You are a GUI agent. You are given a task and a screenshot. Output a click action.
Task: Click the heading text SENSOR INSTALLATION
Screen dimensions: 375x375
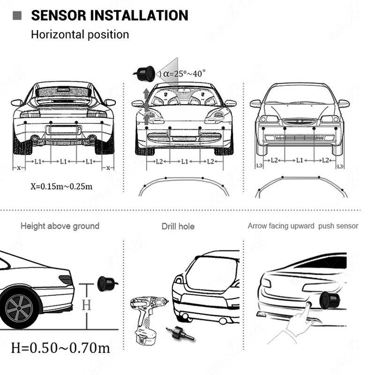(x=109, y=15)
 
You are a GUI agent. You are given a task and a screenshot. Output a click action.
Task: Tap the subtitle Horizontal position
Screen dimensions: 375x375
(x=80, y=34)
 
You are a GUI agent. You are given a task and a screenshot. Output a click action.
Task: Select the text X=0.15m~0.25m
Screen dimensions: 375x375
(x=61, y=186)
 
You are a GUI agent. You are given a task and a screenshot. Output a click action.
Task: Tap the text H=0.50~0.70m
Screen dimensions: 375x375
(x=61, y=347)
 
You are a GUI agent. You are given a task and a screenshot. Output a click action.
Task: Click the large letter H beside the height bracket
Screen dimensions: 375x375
(x=86, y=305)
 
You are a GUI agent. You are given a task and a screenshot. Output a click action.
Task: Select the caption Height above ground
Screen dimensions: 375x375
(x=60, y=226)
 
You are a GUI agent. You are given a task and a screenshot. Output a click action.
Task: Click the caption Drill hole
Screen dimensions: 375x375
(x=178, y=226)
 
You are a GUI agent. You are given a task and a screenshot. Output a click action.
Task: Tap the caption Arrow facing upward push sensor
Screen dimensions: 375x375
(x=303, y=226)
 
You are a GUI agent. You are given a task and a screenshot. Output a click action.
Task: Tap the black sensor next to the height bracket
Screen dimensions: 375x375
(x=105, y=284)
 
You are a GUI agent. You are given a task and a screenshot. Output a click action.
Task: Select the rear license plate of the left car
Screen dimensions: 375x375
(x=63, y=130)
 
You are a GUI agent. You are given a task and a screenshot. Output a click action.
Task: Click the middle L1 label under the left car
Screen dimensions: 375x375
(x=63, y=161)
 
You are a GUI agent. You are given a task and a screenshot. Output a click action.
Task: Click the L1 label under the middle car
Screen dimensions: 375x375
(x=185, y=161)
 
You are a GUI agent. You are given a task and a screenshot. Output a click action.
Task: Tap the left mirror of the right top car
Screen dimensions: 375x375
(x=255, y=104)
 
